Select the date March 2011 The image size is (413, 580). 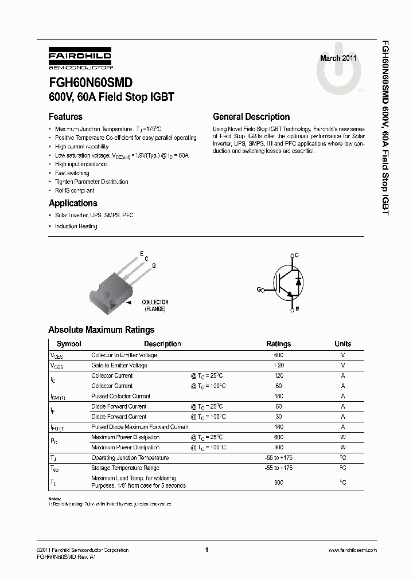338,58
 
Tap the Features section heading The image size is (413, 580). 65,116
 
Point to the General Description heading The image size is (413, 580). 251,116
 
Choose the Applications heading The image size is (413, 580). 73,203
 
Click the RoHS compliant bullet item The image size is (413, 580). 75,190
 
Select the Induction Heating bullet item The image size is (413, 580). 76,226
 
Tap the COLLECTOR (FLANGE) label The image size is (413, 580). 155,305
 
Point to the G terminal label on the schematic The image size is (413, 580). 259,289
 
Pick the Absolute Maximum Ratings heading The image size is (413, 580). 101,330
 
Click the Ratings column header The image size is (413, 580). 278,344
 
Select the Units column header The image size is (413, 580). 343,344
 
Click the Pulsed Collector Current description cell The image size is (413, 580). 120,396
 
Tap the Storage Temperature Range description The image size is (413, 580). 125,468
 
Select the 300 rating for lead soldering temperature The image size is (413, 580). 279,482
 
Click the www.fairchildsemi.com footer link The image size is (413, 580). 352,550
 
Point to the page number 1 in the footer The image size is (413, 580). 206,550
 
